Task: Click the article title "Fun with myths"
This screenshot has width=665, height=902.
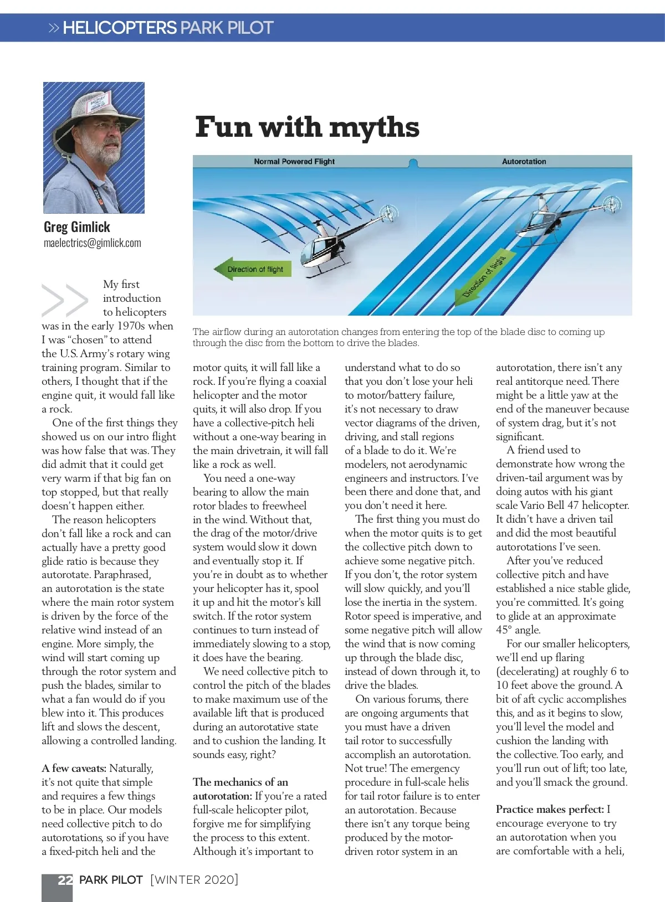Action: pyautogui.click(x=307, y=127)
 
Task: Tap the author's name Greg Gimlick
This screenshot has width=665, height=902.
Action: pyautogui.click(x=76, y=227)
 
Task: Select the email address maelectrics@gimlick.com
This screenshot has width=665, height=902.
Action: pyautogui.click(x=92, y=243)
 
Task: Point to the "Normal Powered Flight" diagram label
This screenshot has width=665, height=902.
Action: pyautogui.click(x=294, y=162)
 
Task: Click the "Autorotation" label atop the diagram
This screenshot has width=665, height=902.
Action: pyautogui.click(x=524, y=162)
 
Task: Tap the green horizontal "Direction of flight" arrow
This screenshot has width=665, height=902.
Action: pyautogui.click(x=253, y=269)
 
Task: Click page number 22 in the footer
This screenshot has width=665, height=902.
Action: pyautogui.click(x=65, y=880)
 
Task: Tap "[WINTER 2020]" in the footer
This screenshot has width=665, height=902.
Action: pyautogui.click(x=194, y=880)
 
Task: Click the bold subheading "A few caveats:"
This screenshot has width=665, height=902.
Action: pyautogui.click(x=74, y=769)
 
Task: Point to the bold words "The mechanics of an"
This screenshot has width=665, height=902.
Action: pyautogui.click(x=241, y=782)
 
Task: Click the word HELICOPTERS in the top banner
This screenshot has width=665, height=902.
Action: pyautogui.click(x=119, y=28)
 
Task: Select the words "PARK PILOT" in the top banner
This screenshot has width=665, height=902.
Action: pyautogui.click(x=227, y=28)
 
